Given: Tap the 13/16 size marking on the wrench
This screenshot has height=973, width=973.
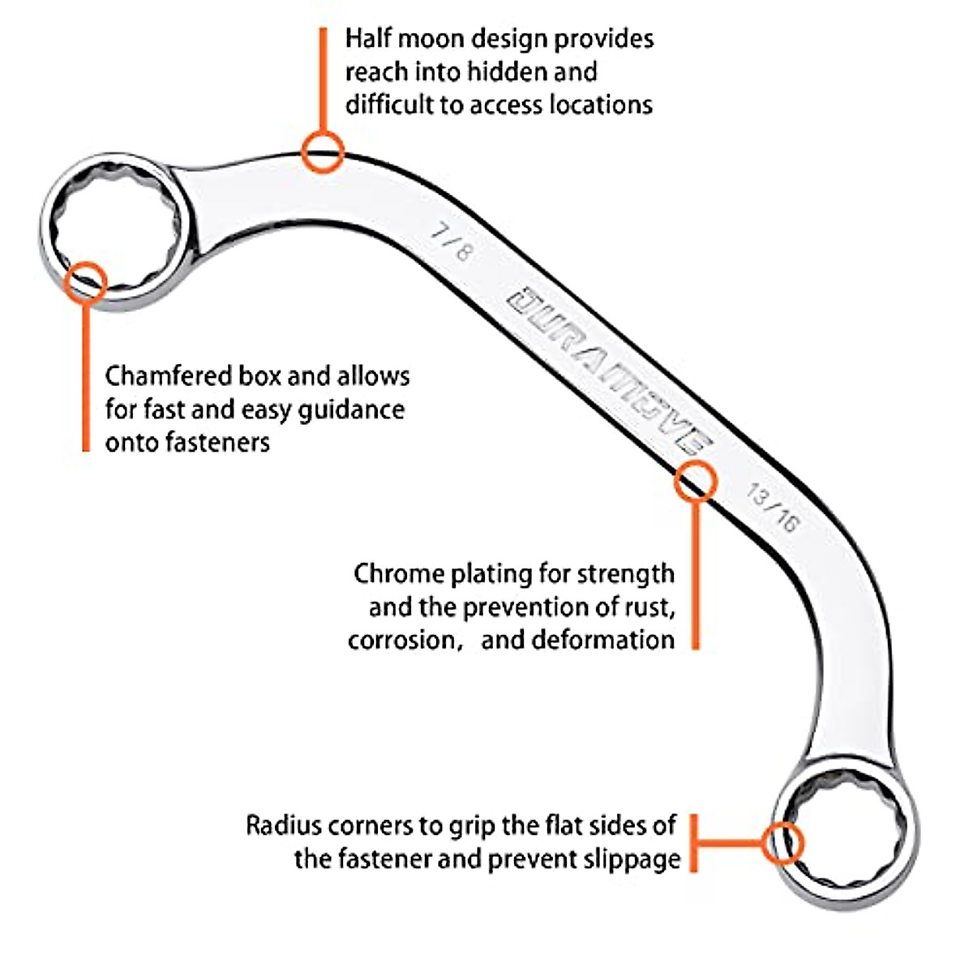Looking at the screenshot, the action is pos(771,508).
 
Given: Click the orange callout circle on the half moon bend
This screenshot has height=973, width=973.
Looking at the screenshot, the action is pos(323,152).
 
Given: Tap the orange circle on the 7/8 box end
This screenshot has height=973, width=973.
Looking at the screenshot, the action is pos(86,282).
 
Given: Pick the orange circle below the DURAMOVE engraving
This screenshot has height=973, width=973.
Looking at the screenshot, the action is pos(695,481).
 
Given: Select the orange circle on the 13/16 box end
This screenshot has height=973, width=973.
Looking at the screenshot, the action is pos(782,842).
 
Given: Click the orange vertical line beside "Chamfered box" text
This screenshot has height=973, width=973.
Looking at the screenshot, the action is pos(86,378).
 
